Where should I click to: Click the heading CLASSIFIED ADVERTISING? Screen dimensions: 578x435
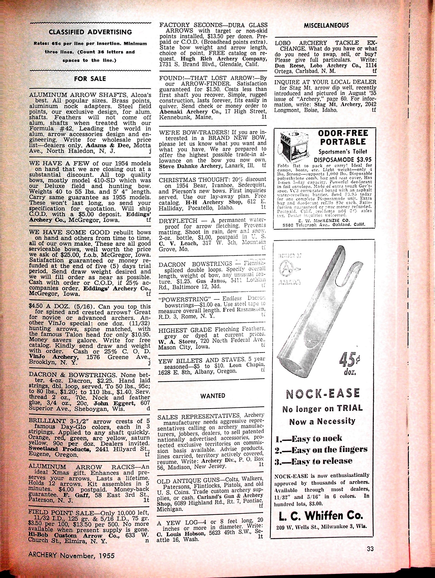[90, 32]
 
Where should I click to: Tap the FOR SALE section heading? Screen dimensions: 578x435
[90, 79]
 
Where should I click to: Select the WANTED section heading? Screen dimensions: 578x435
[212, 396]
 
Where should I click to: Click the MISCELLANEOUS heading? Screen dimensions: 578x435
[326, 25]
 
